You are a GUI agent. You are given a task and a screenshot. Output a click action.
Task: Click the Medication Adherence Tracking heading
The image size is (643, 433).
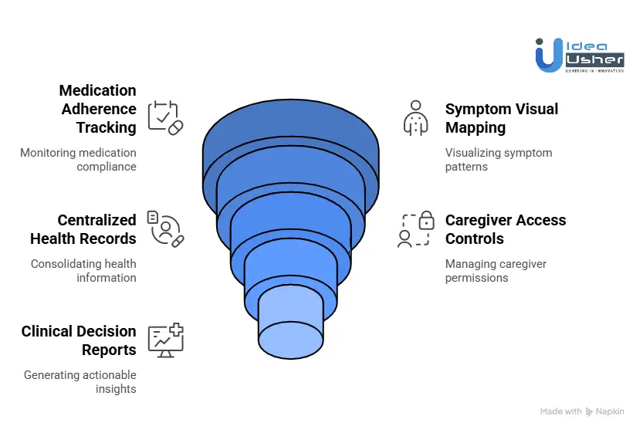pos(97,109)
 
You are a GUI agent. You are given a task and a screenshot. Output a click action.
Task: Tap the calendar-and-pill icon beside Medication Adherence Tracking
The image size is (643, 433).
pos(165,117)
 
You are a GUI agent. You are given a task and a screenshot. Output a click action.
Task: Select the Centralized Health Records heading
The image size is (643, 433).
pos(83,229)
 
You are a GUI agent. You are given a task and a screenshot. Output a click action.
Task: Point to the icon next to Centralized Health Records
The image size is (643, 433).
pos(165,228)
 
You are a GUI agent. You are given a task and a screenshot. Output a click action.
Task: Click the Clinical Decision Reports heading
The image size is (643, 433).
pos(79,340)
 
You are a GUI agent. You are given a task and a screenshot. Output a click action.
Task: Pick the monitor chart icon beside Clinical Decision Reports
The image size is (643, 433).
pos(165,340)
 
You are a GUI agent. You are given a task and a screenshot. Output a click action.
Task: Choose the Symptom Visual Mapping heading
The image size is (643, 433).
pos(501,118)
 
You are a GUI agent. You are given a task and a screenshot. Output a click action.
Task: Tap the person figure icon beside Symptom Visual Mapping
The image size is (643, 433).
pos(415,117)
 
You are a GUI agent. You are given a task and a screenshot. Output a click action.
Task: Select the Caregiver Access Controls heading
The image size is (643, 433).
pos(505,229)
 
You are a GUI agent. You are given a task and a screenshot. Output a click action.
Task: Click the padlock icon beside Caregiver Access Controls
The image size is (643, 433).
pos(425,222)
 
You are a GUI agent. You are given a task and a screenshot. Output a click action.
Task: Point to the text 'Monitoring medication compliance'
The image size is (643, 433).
pos(78,160)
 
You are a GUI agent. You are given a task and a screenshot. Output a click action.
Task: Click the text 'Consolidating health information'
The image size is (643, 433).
pos(83,271)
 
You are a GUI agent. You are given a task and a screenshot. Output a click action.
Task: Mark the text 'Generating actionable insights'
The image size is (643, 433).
pos(80,382)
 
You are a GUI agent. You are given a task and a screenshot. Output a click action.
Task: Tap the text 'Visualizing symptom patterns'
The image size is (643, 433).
pos(498,160)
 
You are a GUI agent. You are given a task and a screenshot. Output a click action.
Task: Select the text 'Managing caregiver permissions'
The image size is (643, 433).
pos(495,271)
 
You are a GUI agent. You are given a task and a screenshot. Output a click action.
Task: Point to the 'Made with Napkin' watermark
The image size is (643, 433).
pos(582,412)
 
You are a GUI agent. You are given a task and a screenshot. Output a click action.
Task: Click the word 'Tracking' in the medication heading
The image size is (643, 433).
pos(106,127)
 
